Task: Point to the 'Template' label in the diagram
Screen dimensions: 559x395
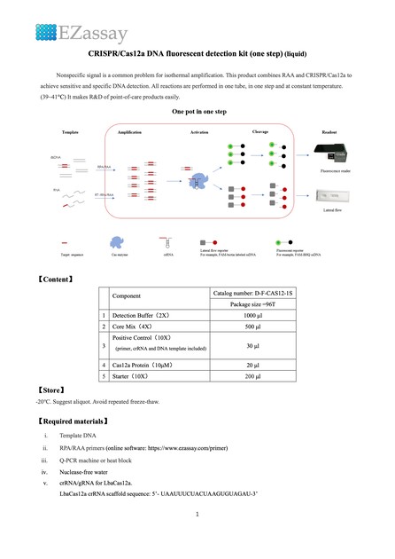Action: [71, 131]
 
